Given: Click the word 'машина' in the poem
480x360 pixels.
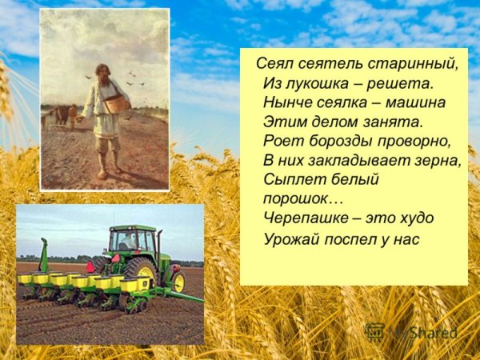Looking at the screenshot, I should [x=418, y=102].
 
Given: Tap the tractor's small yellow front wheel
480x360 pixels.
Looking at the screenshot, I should [x=178, y=280].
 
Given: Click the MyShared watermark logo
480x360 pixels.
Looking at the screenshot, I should [x=413, y=331].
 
